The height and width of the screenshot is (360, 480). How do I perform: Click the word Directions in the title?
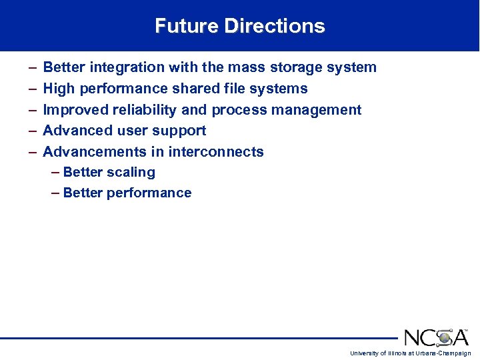pyautogui.click(x=275, y=26)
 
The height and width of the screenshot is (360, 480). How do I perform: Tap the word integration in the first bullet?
pyautogui.click(x=129, y=67)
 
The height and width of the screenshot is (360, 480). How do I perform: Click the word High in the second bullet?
pyautogui.click(x=58, y=89)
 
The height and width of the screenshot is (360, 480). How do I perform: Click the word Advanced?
pyautogui.click(x=75, y=131)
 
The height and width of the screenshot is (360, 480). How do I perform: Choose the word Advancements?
pyautogui.click(x=95, y=152)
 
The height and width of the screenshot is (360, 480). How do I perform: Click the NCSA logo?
pyautogui.click(x=436, y=337)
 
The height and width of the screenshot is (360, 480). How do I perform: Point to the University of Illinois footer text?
pyautogui.click(x=410, y=353)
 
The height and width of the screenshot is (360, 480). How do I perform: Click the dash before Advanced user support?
pyautogui.click(x=33, y=131)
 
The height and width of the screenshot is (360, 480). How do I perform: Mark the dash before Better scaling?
pyautogui.click(x=55, y=172)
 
